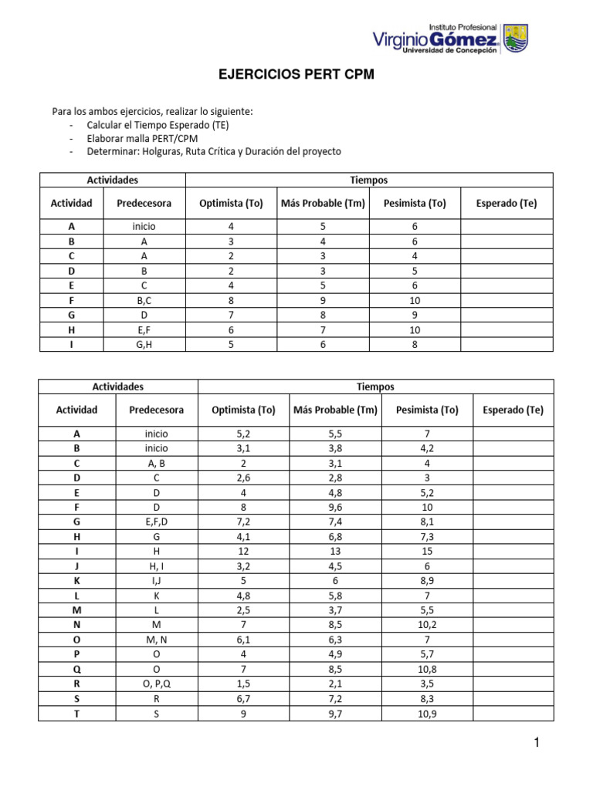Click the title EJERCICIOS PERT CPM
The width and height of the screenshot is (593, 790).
pyautogui.click(x=296, y=76)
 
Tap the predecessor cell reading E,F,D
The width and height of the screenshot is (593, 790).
pyautogui.click(x=155, y=522)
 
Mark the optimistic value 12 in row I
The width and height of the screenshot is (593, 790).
pyautogui.click(x=243, y=551)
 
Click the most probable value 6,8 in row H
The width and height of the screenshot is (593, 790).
pyautogui.click(x=335, y=536)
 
